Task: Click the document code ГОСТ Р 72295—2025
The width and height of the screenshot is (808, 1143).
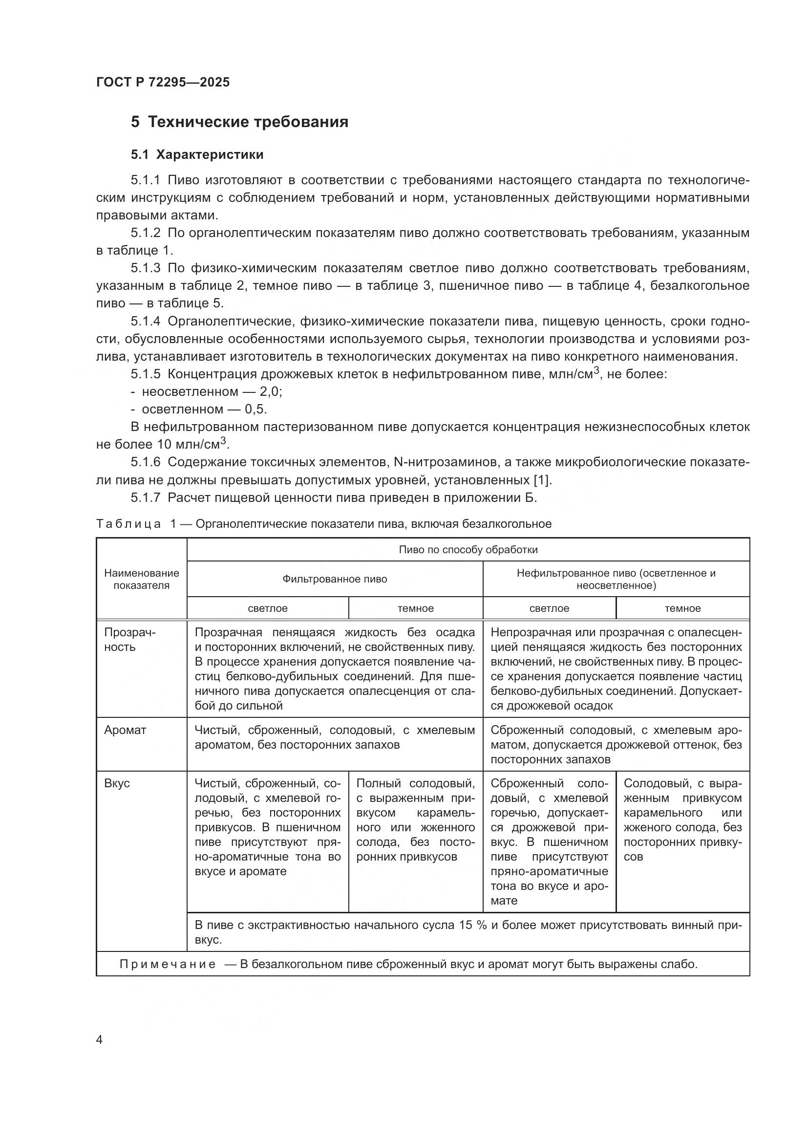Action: pos(163,82)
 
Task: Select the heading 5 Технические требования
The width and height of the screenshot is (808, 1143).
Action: pos(239,122)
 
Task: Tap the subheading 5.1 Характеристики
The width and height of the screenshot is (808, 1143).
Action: pos(197,155)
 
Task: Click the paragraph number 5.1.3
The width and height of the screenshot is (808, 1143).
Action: pos(145,268)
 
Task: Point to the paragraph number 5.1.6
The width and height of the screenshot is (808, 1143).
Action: pos(145,462)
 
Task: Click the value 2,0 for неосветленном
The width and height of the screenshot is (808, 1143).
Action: pos(270,392)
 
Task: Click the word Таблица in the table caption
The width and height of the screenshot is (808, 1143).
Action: pos(128,524)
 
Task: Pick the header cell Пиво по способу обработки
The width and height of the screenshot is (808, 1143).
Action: pos(468,550)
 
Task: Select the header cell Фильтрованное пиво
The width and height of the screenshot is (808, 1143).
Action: pos(334,579)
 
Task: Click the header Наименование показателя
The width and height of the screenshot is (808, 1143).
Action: pos(141,579)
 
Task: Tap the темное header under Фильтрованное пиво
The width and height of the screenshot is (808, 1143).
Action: pos(415,608)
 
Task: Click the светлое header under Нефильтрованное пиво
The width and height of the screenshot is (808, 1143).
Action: pos(549,608)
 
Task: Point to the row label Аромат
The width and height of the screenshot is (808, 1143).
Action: pos(125,730)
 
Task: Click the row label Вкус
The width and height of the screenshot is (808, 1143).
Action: pos(117,783)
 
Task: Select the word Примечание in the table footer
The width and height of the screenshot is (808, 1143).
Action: pos(168,965)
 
